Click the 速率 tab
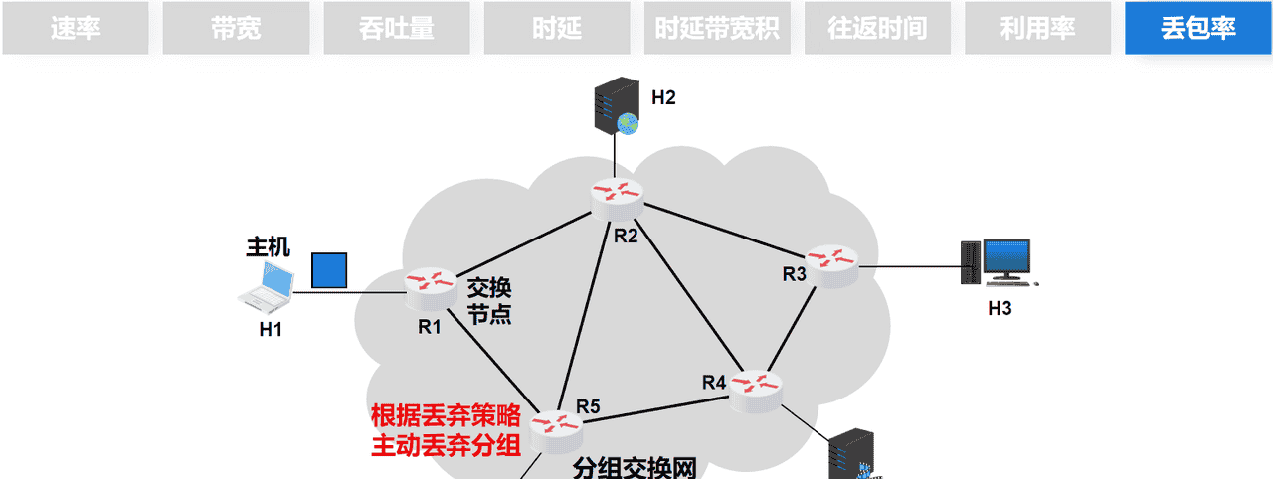point(76,28)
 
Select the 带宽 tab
point(236,28)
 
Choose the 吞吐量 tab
point(397,28)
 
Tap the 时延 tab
point(557,28)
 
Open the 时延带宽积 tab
point(717,28)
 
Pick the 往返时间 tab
point(877,28)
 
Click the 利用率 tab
point(1037,28)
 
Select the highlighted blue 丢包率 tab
point(1198,28)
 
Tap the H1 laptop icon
point(268,286)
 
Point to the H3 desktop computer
point(999,262)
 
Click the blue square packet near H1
point(329,270)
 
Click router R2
point(617,194)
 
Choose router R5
point(556,426)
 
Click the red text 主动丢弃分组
point(447,444)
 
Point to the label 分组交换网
point(634,468)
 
